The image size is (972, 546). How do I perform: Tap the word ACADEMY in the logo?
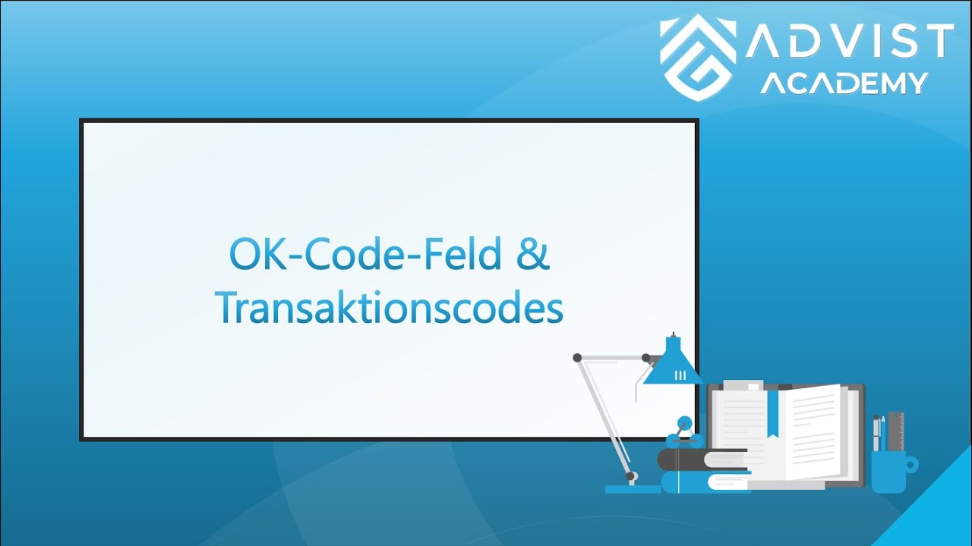[844, 82]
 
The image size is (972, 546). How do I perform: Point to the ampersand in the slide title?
[532, 256]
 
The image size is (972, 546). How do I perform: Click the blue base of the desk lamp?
[632, 488]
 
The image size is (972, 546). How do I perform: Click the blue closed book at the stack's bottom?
[702, 482]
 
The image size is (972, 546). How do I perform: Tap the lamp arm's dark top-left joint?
[577, 357]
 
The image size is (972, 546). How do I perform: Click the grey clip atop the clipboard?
[743, 385]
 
